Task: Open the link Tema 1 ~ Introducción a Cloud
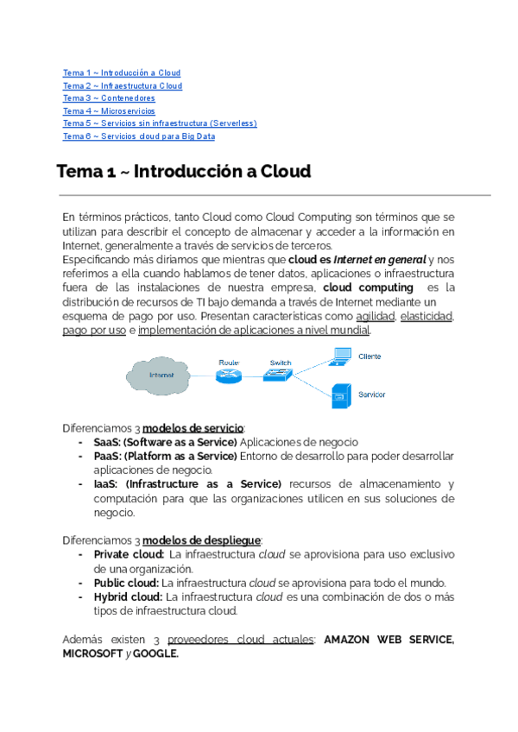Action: tap(121, 73)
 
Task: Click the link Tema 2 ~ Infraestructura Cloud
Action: tap(122, 86)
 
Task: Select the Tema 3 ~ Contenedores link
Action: tap(109, 98)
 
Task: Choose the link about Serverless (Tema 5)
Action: tap(159, 123)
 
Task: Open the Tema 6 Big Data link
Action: tap(138, 136)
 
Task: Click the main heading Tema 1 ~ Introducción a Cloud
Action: tap(183, 172)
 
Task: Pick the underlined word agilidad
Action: tap(375, 317)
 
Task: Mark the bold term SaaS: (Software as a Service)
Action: tap(165, 443)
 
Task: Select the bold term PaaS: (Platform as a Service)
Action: tap(164, 456)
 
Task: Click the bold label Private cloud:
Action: tap(129, 554)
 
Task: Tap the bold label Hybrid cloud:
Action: tap(128, 596)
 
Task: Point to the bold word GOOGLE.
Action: tap(155, 653)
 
